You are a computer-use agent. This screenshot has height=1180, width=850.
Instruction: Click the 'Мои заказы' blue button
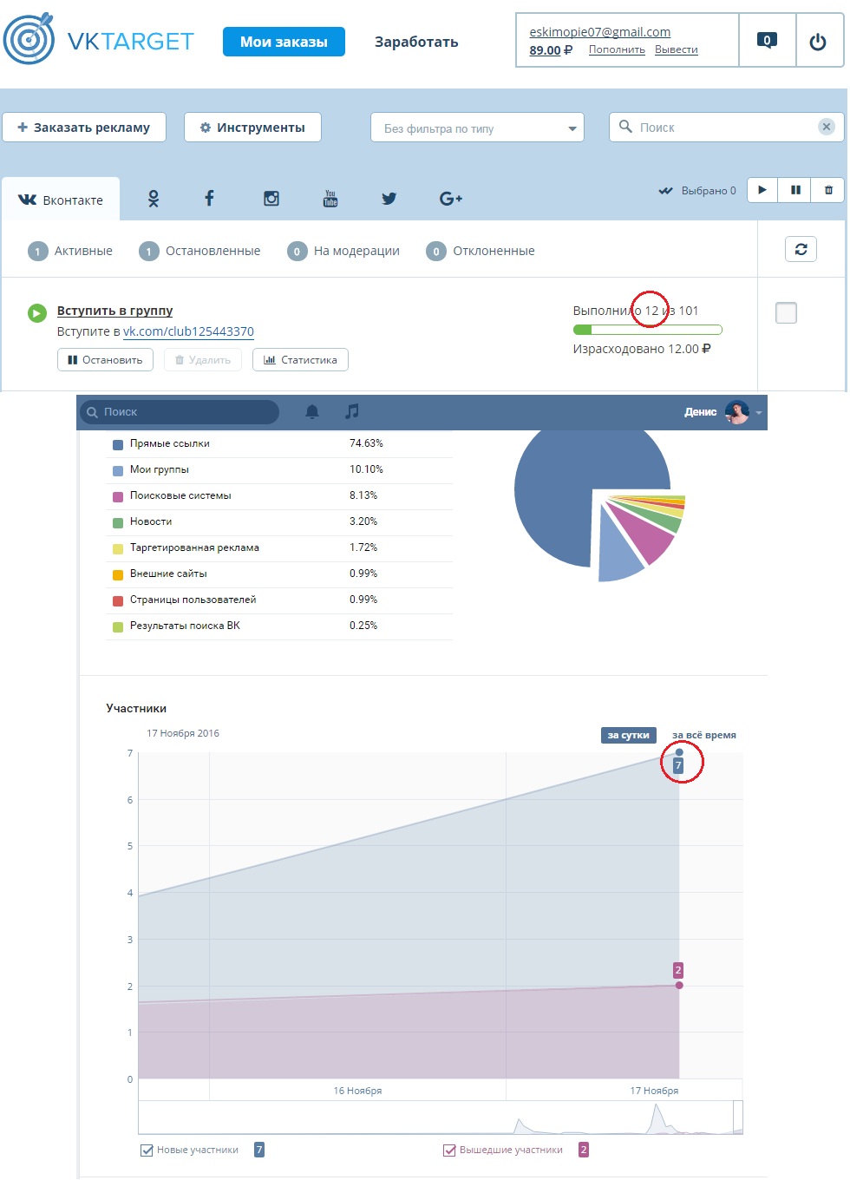[x=284, y=42]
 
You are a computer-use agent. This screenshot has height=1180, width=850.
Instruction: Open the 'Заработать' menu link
[x=416, y=42]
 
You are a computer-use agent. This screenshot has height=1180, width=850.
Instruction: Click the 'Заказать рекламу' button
[x=83, y=128]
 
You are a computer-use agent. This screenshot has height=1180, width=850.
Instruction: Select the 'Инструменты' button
[x=252, y=128]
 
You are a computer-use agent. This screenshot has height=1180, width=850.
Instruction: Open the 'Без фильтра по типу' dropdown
[x=477, y=128]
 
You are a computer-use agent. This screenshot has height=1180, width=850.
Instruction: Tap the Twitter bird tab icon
[x=389, y=199]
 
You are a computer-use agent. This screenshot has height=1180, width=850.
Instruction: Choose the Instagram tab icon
[x=271, y=199]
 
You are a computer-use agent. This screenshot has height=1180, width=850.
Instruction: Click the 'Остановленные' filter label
[x=212, y=251]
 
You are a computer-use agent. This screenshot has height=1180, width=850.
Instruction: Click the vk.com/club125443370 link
[x=188, y=331]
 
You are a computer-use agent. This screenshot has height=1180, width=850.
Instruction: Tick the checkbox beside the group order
[x=786, y=312]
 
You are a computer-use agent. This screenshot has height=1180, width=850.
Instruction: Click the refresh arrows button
[x=801, y=249]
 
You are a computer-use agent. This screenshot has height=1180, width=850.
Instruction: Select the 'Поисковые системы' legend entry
[x=180, y=495]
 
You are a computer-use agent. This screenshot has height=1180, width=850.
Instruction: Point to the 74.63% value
[x=366, y=443]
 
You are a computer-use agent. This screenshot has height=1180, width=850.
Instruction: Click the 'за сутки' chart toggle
[x=628, y=735]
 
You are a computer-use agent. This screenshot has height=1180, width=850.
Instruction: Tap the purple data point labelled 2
[x=679, y=985]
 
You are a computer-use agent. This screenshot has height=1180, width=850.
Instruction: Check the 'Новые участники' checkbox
[x=147, y=1150]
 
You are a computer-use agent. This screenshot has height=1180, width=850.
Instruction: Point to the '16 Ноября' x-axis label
[x=357, y=1091]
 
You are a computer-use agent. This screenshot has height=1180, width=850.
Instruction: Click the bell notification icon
[x=312, y=412]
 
